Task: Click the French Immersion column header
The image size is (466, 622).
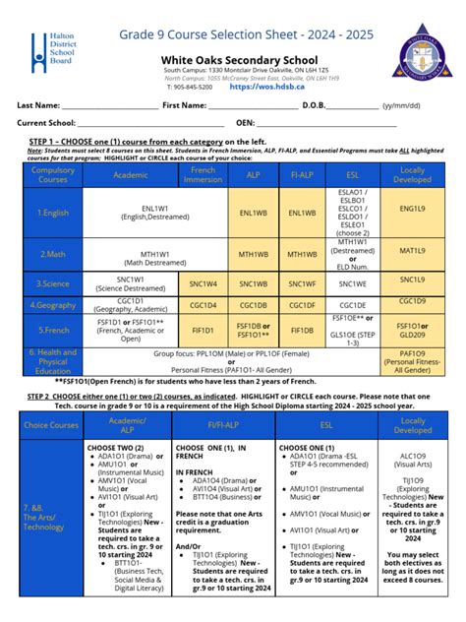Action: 203,174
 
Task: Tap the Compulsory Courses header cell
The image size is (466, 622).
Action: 52,174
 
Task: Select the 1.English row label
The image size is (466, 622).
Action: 52,212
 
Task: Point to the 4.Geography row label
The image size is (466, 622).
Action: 52,305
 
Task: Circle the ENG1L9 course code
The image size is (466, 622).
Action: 412,211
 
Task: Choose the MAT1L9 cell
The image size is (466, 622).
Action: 412,253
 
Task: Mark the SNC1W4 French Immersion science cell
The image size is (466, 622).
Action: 203,283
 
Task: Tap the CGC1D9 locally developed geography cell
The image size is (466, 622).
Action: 412,301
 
